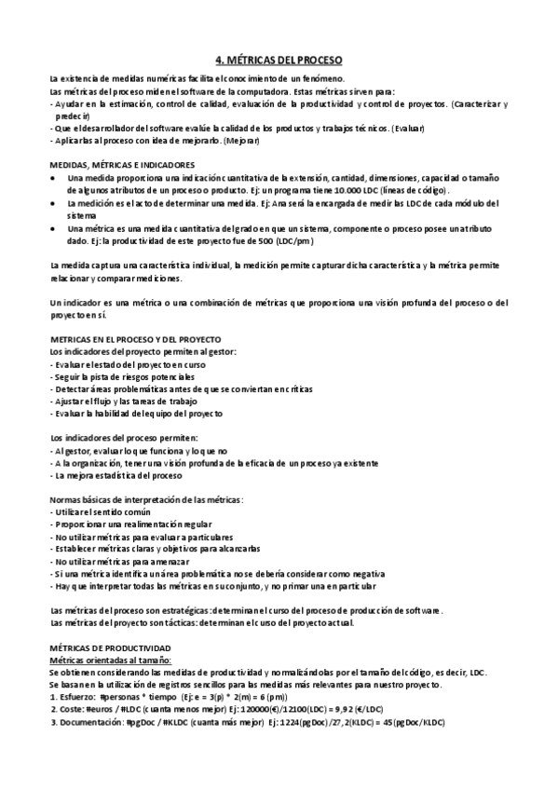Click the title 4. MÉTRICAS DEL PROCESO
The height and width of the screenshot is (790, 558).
coord(279,58)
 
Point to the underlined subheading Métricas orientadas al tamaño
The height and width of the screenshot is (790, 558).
coord(110,659)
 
